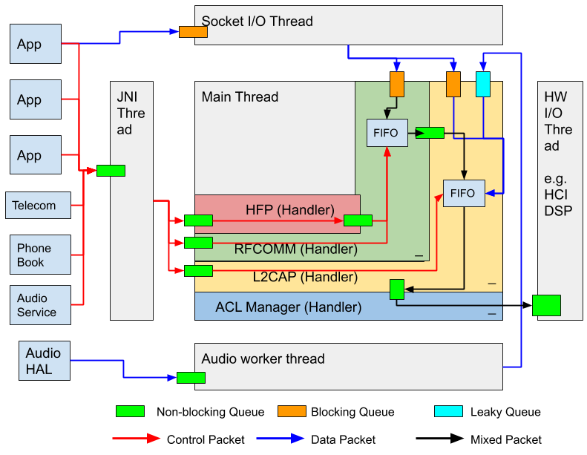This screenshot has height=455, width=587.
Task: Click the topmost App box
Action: tap(35, 44)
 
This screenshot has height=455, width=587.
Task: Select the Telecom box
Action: tap(39, 206)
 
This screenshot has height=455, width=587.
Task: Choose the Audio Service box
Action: tap(40, 305)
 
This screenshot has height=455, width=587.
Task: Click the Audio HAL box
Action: tap(44, 360)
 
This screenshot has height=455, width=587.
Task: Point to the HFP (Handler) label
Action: tap(290, 209)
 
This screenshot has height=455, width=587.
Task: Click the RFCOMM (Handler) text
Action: tap(295, 249)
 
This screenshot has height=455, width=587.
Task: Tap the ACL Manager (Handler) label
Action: tap(288, 307)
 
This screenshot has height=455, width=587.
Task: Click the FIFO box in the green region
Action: tap(387, 133)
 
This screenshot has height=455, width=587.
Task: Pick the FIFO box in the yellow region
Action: tap(463, 193)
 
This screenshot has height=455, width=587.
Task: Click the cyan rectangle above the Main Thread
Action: tap(483, 84)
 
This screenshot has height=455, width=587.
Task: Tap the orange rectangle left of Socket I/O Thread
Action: tap(193, 32)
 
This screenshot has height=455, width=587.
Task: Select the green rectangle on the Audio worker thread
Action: tap(191, 378)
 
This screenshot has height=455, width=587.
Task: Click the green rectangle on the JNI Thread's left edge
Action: tap(111, 171)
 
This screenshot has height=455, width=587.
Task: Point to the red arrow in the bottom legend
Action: tap(137, 439)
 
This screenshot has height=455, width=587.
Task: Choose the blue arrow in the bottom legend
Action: tap(281, 439)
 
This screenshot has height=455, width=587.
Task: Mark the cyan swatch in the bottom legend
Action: tap(448, 411)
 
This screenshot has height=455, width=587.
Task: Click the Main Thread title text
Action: tap(240, 97)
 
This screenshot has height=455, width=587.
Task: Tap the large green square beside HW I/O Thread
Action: tap(546, 305)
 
